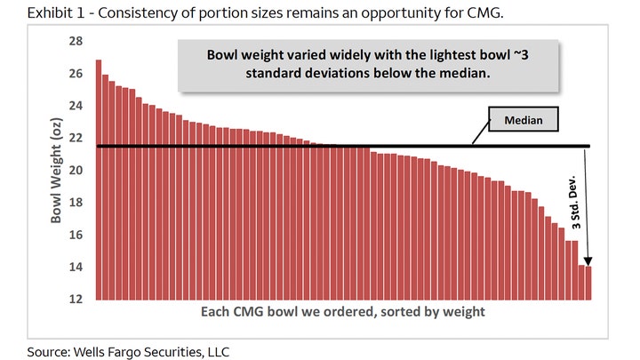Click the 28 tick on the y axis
[76, 41]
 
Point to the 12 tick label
[76, 299]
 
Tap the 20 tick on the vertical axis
[76, 170]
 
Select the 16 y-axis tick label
[76, 235]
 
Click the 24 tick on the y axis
[76, 106]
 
